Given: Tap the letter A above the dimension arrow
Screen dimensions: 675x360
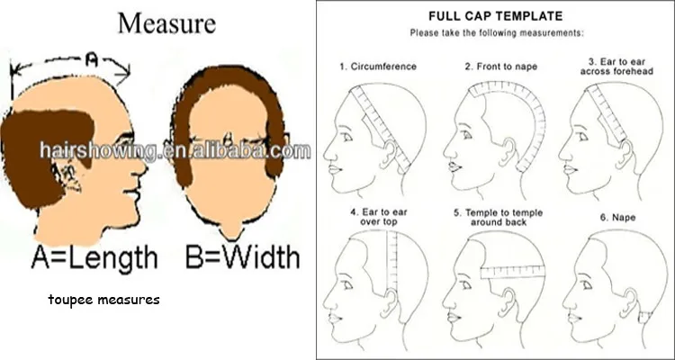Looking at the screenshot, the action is point(93,61).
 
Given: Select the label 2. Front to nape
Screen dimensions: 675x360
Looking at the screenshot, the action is point(500,67).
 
